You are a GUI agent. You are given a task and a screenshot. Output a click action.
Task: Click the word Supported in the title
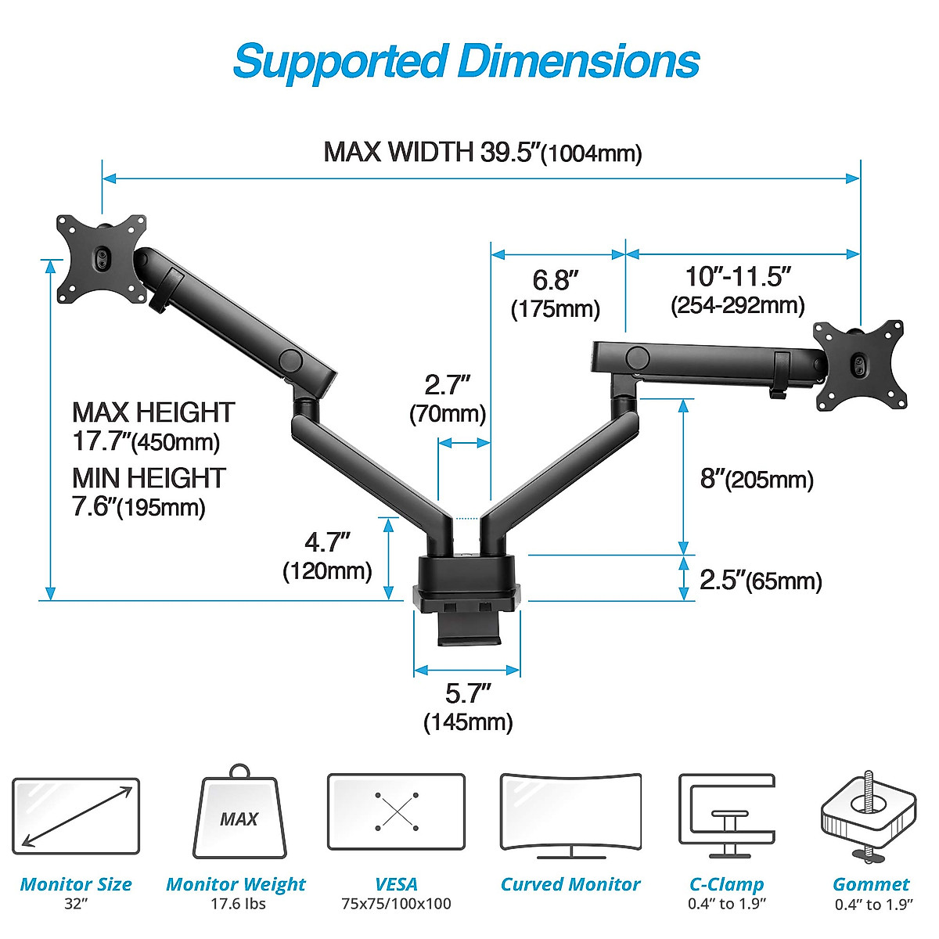coord(340,62)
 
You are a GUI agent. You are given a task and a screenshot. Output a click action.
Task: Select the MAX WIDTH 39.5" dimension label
coord(482,152)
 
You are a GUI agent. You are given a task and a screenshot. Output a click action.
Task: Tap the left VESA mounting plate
coord(102,257)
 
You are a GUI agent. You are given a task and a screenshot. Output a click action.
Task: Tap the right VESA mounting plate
coord(859,365)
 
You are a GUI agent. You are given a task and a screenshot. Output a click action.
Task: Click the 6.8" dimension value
coord(556,279)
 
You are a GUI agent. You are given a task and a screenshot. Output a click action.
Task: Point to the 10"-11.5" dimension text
coord(738,276)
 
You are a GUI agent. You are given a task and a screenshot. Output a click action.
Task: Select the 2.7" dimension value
coord(447,385)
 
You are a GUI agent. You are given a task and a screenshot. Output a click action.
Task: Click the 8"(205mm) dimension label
coord(756,479)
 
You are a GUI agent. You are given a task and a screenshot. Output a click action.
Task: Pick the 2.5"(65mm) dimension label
coord(760,581)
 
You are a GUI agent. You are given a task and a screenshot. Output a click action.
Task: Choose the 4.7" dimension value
coord(327,541)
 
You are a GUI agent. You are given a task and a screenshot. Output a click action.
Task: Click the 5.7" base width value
coord(468,693)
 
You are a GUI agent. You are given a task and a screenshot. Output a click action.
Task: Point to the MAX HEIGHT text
coord(153,412)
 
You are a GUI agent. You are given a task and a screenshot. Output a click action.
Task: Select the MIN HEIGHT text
coord(149,478)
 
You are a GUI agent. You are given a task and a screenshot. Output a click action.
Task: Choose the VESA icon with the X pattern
coord(396,812)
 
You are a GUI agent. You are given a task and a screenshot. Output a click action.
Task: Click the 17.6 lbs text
coord(238,904)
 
